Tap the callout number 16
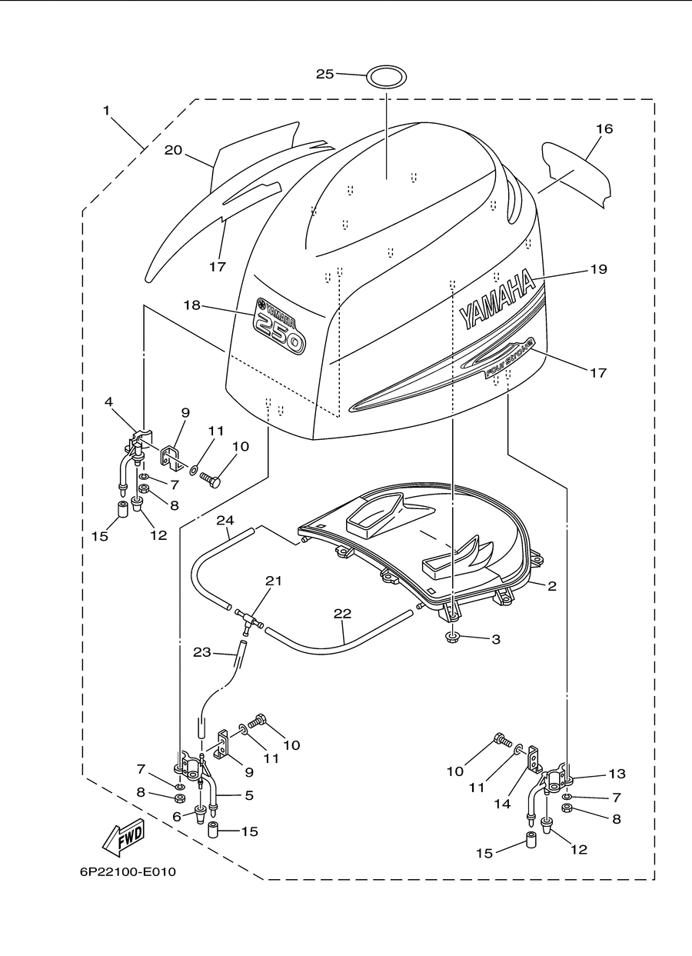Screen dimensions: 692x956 click(604, 128)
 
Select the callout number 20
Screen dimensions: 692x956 click(173, 150)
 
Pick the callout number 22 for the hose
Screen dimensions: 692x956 click(342, 613)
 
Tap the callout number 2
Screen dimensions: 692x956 click(552, 586)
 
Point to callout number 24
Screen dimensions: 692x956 click(225, 520)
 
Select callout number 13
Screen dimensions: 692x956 click(617, 773)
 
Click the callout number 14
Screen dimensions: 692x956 click(502, 804)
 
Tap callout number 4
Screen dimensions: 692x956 click(108, 401)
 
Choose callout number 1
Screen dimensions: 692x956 click(106, 111)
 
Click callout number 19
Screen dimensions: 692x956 click(598, 269)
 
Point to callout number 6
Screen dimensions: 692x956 click(177, 816)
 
